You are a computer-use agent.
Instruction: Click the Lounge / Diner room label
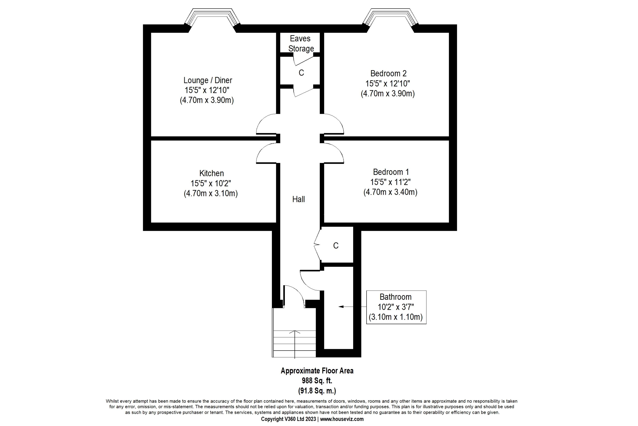point(208,80)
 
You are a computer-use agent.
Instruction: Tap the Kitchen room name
point(212,173)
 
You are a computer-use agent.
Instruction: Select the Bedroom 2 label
point(389,73)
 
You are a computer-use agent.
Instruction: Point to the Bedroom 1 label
point(391,172)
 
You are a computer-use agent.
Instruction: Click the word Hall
point(298,199)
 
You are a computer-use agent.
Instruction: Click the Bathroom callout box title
point(396,297)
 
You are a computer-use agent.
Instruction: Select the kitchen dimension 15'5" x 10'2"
point(211,183)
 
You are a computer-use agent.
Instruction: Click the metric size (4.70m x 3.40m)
point(390,192)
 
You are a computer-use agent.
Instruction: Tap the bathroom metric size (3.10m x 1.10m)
point(396,317)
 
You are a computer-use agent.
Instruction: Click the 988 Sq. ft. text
point(317,381)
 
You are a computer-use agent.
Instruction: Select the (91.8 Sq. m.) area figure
point(317,391)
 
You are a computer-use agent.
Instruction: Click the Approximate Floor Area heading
point(317,371)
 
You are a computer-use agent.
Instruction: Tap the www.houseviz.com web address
point(342,419)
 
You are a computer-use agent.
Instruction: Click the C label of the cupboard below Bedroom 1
point(336,246)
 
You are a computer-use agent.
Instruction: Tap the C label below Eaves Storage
point(301,73)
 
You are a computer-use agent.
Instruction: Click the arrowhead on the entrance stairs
point(295,332)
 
